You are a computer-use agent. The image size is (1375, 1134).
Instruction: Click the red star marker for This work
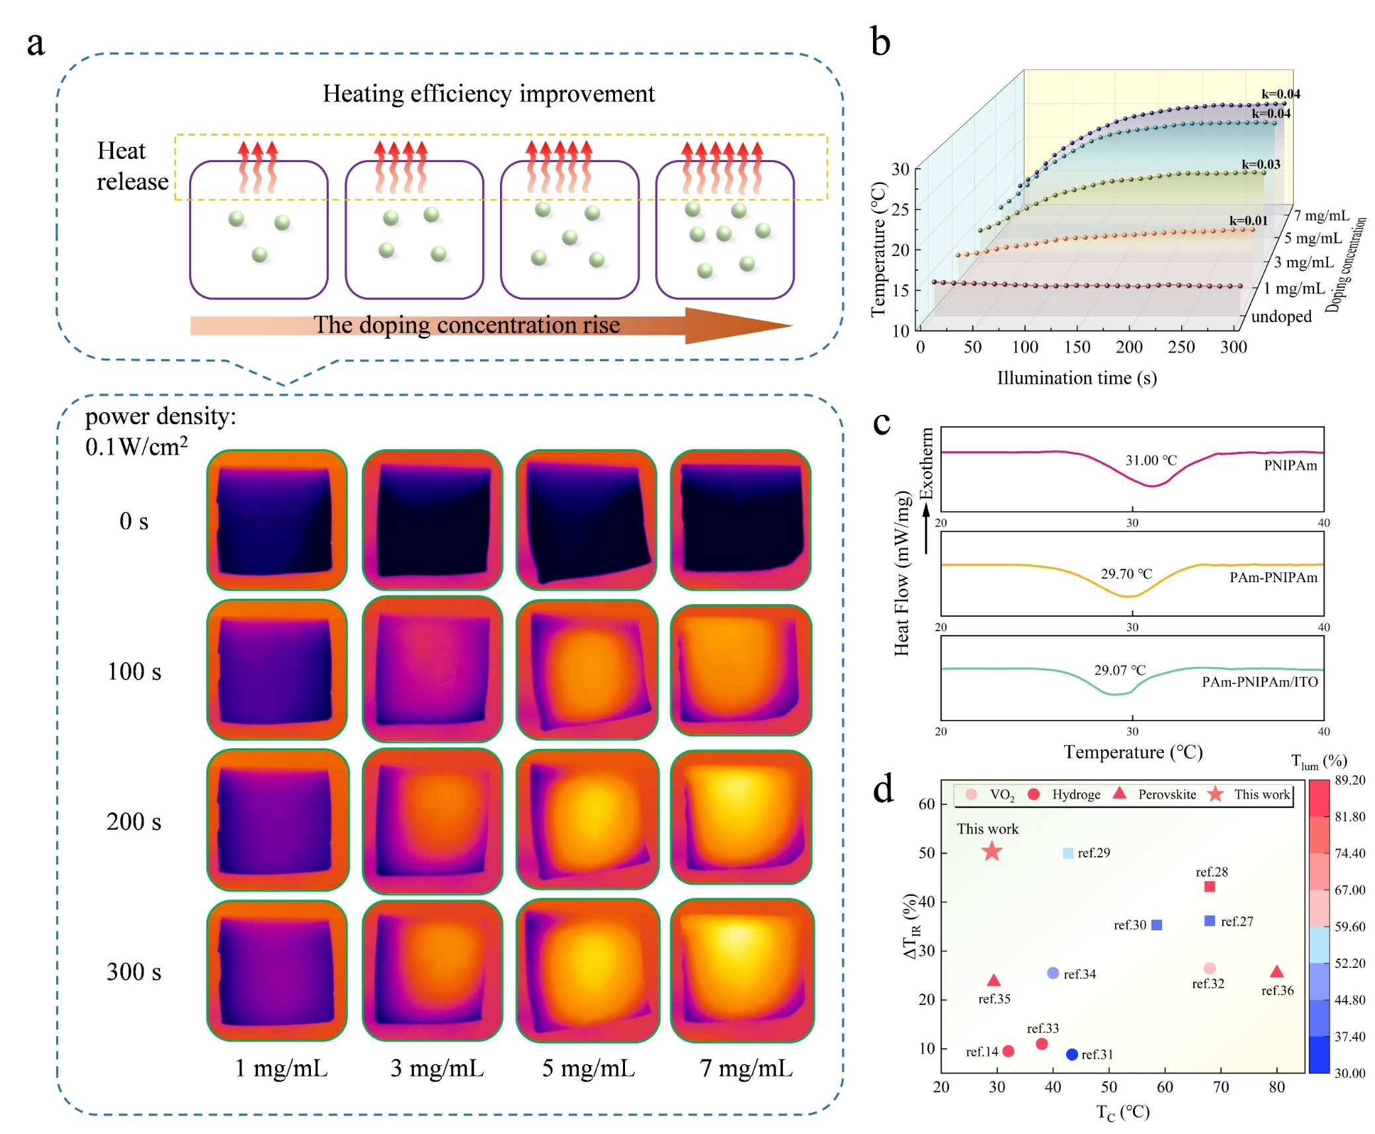(x=991, y=851)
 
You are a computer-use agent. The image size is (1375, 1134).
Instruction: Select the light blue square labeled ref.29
(x=1067, y=853)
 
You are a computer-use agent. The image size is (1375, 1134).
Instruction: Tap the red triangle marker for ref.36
(x=1276, y=972)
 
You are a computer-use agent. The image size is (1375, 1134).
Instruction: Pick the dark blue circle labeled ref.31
(x=1071, y=1054)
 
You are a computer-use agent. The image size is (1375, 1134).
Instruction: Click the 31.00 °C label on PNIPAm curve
(x=1151, y=460)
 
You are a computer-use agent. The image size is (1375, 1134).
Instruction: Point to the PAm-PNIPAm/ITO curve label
(x=1259, y=682)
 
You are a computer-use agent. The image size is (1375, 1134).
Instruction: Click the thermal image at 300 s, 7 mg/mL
(x=741, y=970)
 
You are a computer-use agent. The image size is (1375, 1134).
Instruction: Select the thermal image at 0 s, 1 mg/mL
(x=276, y=520)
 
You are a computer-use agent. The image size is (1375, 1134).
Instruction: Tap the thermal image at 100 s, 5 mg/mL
(x=587, y=670)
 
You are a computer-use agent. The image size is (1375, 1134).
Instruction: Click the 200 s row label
(x=134, y=822)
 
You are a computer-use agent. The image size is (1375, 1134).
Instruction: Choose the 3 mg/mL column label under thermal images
(x=437, y=1068)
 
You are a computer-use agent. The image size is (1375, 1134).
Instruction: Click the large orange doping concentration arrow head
(x=734, y=326)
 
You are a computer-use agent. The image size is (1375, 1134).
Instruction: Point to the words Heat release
(x=132, y=166)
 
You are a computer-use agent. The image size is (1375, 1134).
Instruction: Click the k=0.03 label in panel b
(x=1260, y=164)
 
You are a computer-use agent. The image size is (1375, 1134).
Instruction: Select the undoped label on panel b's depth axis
(x=1280, y=316)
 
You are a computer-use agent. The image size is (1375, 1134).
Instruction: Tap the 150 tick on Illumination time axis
(x=1076, y=347)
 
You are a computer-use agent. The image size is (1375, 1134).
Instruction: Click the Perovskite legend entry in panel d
(x=1166, y=795)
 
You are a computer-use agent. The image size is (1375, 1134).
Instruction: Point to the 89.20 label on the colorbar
(x=1349, y=780)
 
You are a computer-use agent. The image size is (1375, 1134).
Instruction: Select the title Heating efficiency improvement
(x=488, y=94)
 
